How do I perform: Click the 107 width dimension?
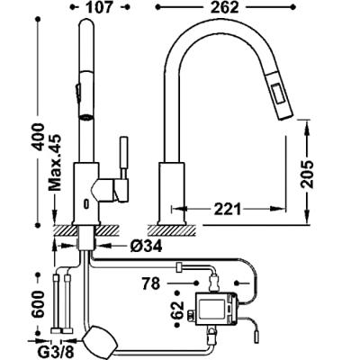pyautogui.click(x=98, y=7)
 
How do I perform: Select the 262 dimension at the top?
pyautogui.click(x=224, y=7)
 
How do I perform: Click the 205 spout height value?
pyautogui.click(x=307, y=175)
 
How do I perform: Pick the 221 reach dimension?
pyautogui.click(x=227, y=209)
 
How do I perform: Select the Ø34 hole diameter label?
pyautogui.click(x=147, y=246)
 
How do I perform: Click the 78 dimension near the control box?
pyautogui.click(x=151, y=283)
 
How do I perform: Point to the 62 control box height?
pyautogui.click(x=177, y=309)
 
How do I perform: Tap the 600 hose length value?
pyautogui.click(x=38, y=303)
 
